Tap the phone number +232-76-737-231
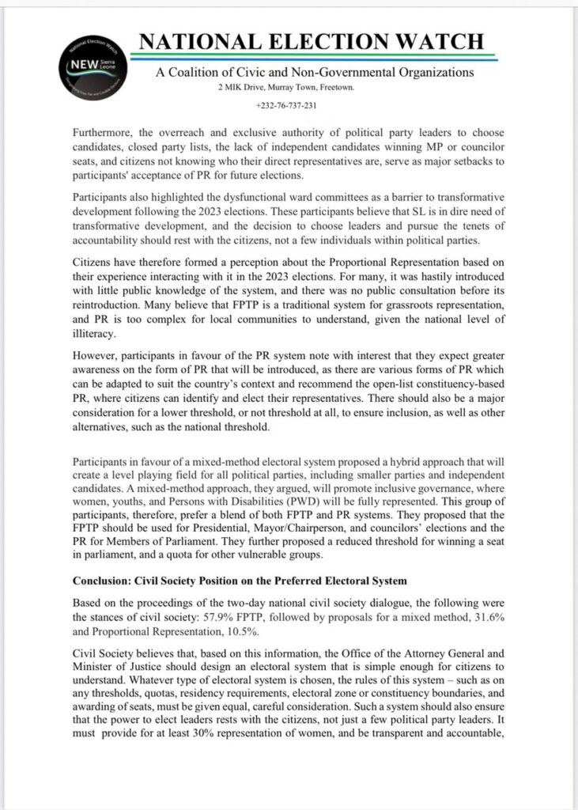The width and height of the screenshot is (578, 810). pos(287,106)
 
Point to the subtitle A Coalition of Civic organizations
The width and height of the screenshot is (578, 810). pos(315,73)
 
